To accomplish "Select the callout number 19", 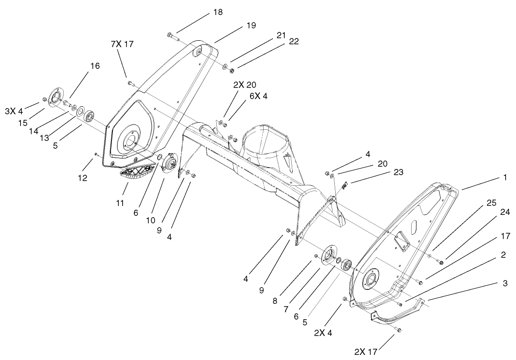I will pos(251,26).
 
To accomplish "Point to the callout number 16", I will pos(95,66).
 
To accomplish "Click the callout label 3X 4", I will pos(14,111).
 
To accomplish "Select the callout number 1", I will pos(505,178).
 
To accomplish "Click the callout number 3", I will pos(504,283).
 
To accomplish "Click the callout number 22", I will pos(294,41).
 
